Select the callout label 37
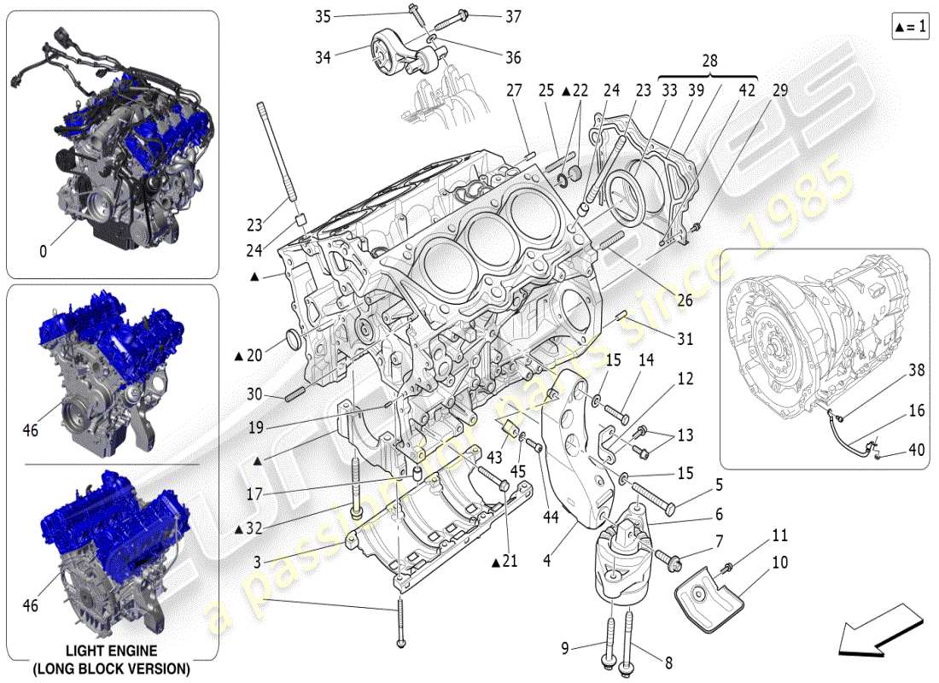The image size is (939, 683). click(x=512, y=16)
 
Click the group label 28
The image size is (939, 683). click(x=709, y=61)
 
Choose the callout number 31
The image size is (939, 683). click(x=685, y=339)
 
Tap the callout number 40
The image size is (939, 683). click(x=916, y=451)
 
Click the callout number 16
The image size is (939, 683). click(x=916, y=411)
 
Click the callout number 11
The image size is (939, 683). click(x=781, y=536)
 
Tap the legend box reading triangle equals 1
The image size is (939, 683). click(x=909, y=26)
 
